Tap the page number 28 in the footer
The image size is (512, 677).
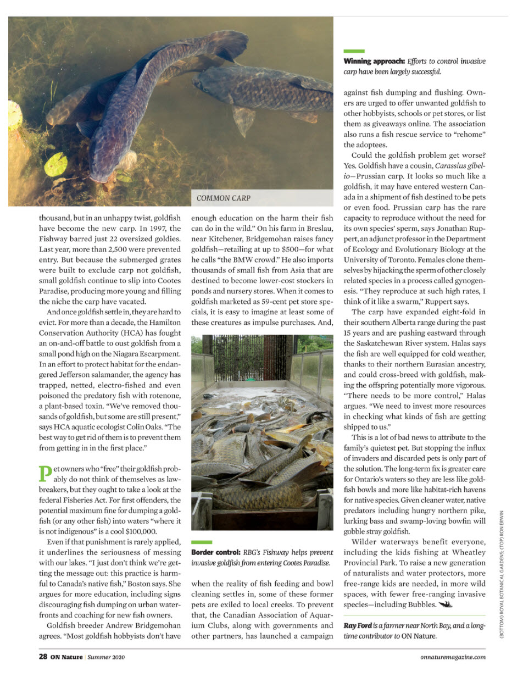[42, 656]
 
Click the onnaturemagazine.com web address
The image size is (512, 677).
[450, 656]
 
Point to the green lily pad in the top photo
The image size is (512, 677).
[55, 164]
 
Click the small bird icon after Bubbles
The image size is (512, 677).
[446, 605]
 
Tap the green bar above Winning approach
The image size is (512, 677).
[354, 51]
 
